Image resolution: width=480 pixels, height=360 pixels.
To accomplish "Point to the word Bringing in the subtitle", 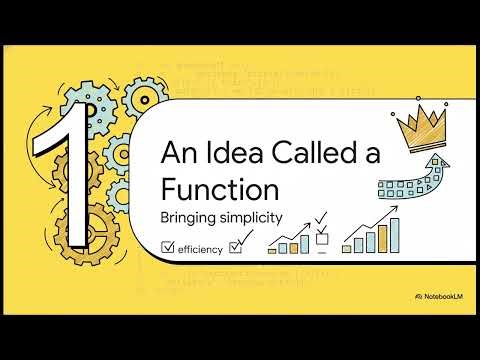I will [191, 215].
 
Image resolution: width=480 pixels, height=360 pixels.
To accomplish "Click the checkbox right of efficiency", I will [236, 245].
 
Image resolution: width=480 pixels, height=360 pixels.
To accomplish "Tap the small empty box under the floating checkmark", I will [322, 238].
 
